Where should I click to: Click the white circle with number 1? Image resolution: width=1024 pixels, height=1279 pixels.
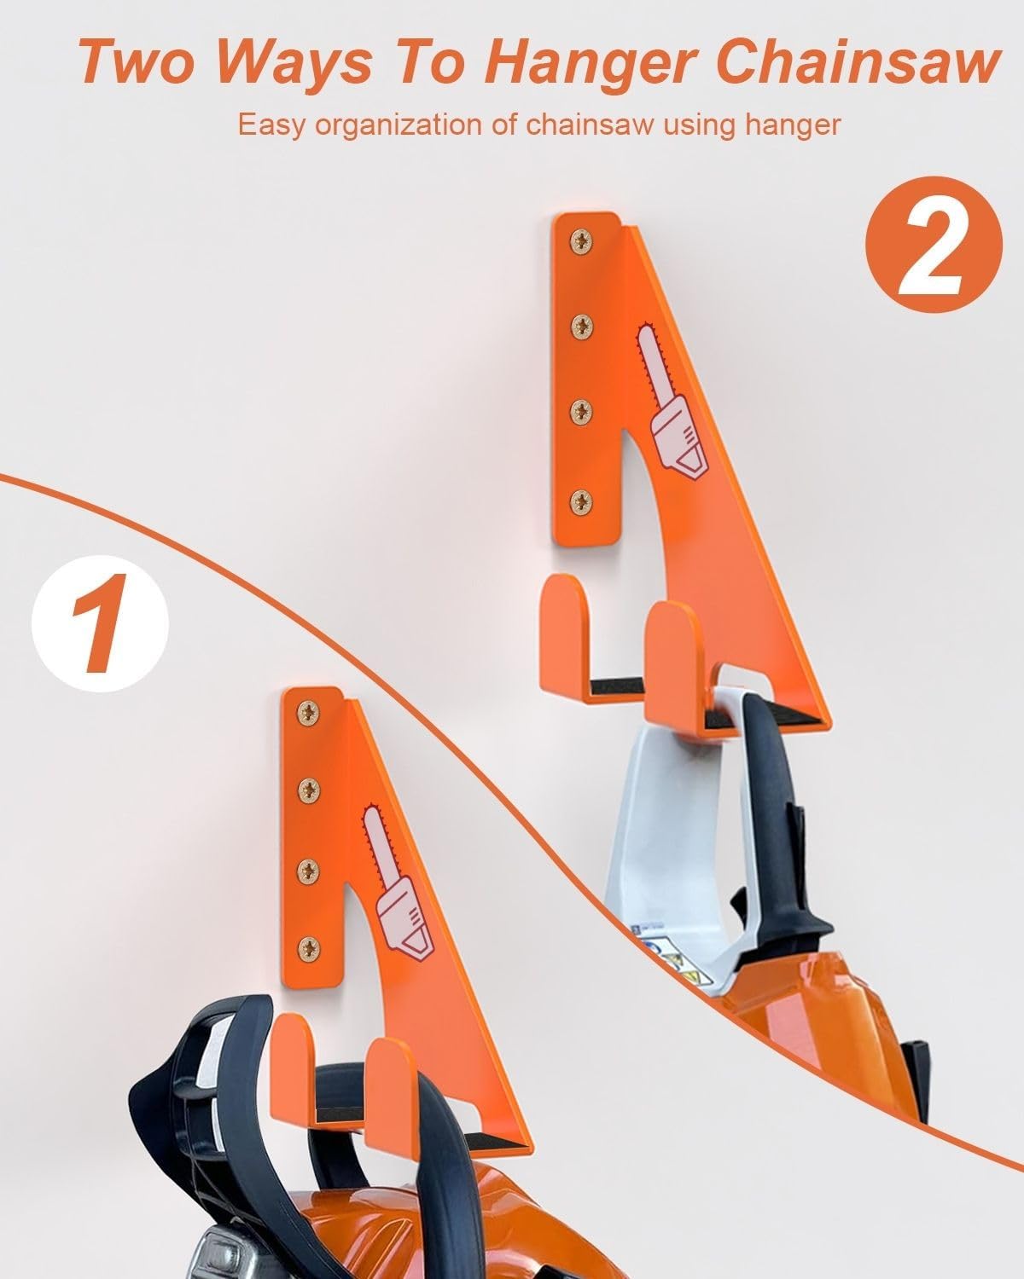pyautogui.click(x=100, y=622)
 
